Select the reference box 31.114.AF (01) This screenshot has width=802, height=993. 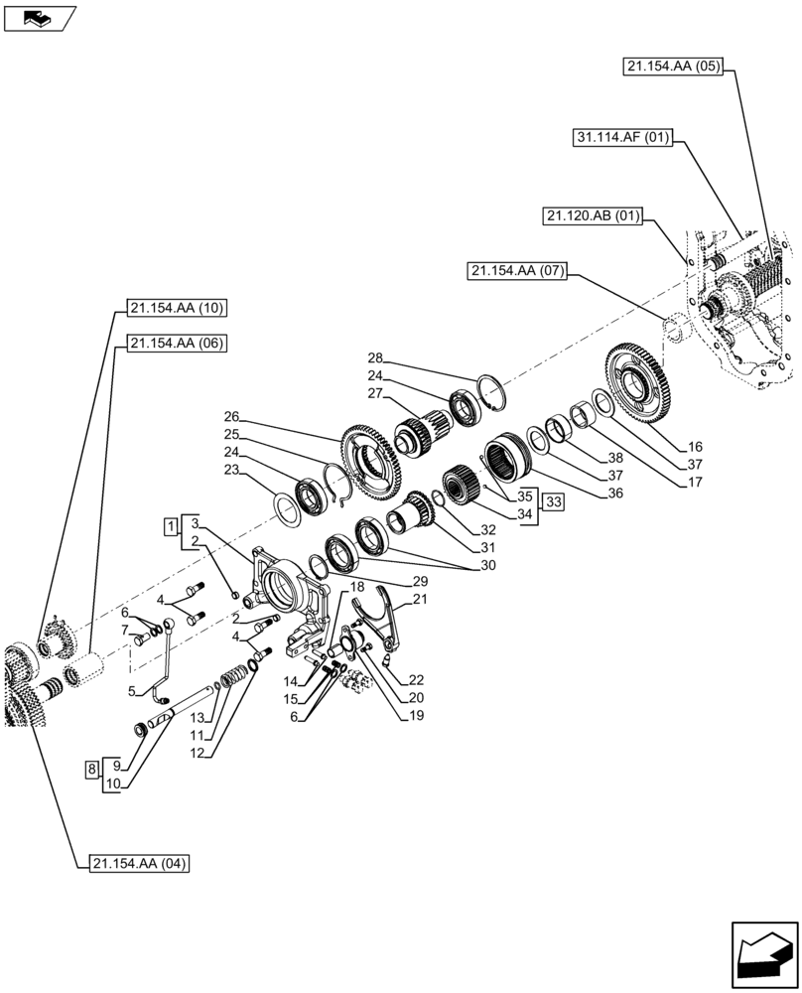pyautogui.click(x=621, y=138)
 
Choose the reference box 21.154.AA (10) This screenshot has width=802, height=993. pyautogui.click(x=177, y=308)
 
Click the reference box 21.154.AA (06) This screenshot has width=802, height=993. pyautogui.click(x=177, y=344)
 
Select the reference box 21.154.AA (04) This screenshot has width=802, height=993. pyautogui.click(x=138, y=863)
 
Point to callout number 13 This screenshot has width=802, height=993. pyautogui.click(x=198, y=718)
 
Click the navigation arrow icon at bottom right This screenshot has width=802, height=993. pyautogui.click(x=763, y=954)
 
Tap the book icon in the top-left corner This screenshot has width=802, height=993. pyautogui.click(x=40, y=17)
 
